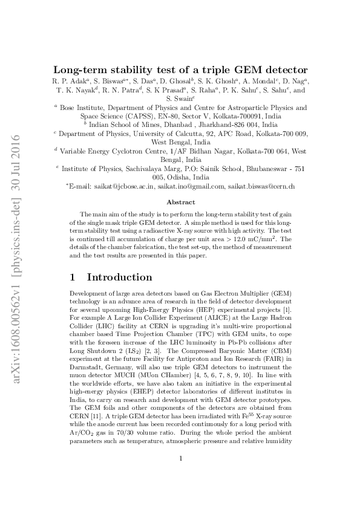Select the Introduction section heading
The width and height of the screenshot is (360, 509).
click(x=119, y=277)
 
